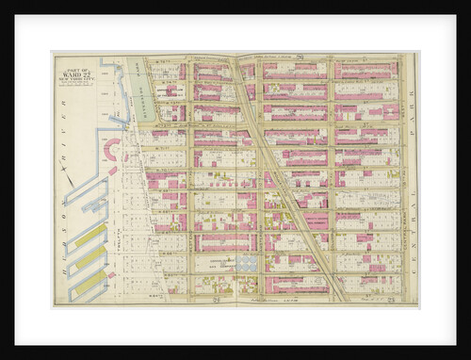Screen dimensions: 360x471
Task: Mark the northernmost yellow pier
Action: pyautogui.click(x=90, y=234)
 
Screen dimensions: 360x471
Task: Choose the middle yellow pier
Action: pyautogui.click(x=90, y=256)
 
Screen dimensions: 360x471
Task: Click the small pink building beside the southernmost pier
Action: pyautogui.click(x=112, y=274)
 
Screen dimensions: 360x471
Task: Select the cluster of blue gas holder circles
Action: pyautogui.click(x=247, y=265)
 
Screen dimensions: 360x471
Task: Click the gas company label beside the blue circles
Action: pyautogui.click(x=226, y=266)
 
